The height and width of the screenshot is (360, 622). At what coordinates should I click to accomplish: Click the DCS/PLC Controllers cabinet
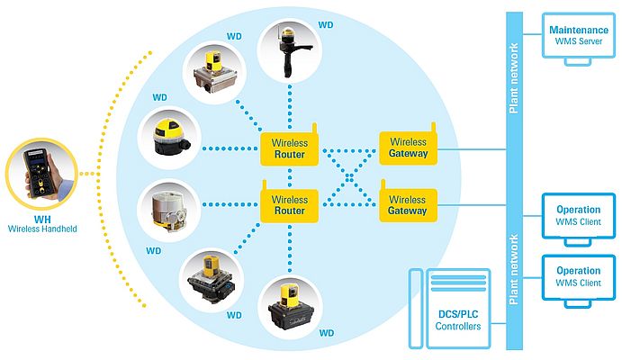[457, 306]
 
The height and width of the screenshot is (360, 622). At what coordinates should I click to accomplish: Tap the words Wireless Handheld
[42, 229]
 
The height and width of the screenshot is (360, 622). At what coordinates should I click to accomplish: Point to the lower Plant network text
[514, 270]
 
